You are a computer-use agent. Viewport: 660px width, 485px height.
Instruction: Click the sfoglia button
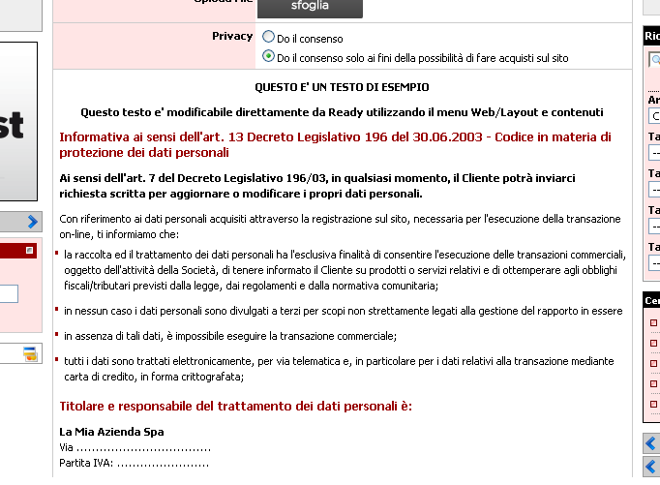[x=310, y=8]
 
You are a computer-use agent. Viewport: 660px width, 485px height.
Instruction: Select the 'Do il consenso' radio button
[x=269, y=38]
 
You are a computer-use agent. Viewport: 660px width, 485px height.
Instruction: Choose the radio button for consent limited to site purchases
[x=269, y=57]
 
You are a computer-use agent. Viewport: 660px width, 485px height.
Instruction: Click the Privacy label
[x=232, y=36]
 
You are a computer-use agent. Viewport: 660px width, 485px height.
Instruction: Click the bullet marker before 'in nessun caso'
[x=57, y=310]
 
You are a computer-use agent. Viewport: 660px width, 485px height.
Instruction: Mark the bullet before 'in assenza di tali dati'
[x=57, y=335]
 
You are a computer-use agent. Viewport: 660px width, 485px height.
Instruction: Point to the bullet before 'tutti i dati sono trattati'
[x=57, y=359]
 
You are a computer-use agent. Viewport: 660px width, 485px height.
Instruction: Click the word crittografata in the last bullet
[x=209, y=377]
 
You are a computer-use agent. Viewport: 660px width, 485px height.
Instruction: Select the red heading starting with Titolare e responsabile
[x=236, y=406]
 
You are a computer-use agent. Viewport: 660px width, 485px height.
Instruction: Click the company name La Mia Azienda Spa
[x=111, y=431]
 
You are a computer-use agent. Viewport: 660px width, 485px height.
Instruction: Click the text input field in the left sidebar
[x=8, y=294]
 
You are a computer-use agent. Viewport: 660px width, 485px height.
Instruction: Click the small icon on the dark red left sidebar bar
[x=29, y=250]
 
